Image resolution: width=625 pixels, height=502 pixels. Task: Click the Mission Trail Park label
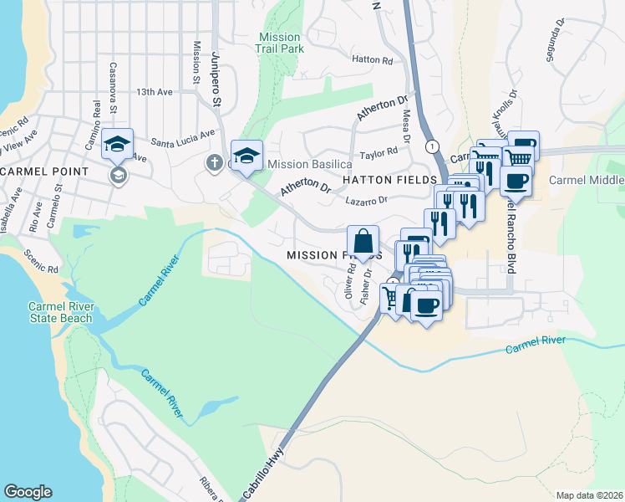280,43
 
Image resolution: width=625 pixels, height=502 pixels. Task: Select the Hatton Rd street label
372,60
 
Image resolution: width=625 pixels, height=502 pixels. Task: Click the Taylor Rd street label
378,155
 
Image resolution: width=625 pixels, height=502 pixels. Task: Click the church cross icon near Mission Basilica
214,161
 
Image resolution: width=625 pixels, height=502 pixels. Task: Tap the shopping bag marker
363,242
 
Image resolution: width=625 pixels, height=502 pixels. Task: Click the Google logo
28,492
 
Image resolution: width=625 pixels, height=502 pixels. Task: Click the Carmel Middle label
587,180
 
